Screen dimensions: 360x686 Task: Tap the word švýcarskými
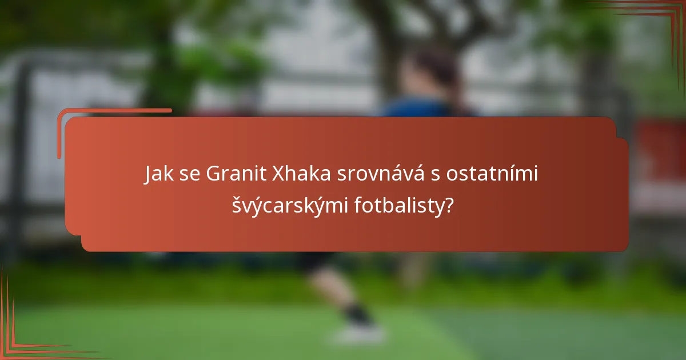click(289, 205)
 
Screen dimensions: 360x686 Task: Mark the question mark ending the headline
click(450, 205)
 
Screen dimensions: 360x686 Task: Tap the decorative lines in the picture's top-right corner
click(657, 14)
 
